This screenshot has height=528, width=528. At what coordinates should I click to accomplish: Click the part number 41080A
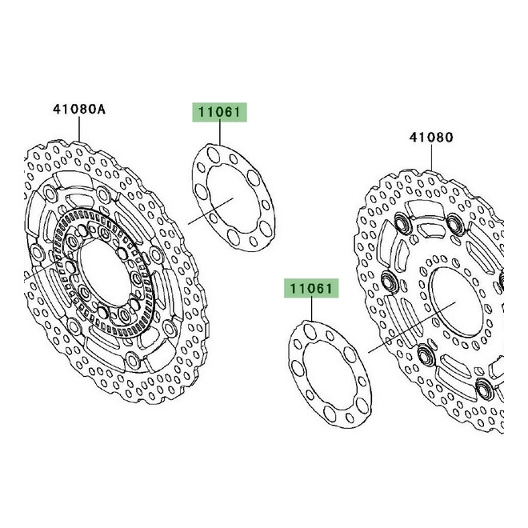coord(79,110)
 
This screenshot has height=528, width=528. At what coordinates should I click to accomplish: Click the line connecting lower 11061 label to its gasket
coord(309,309)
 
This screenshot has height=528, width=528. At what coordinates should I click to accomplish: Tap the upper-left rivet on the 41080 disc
coord(402,228)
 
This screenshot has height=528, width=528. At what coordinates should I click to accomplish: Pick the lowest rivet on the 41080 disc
coord(483,389)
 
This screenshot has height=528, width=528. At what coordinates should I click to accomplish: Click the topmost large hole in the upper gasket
coord(210,151)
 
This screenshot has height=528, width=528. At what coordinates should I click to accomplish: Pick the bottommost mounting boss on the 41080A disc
coord(105,310)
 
